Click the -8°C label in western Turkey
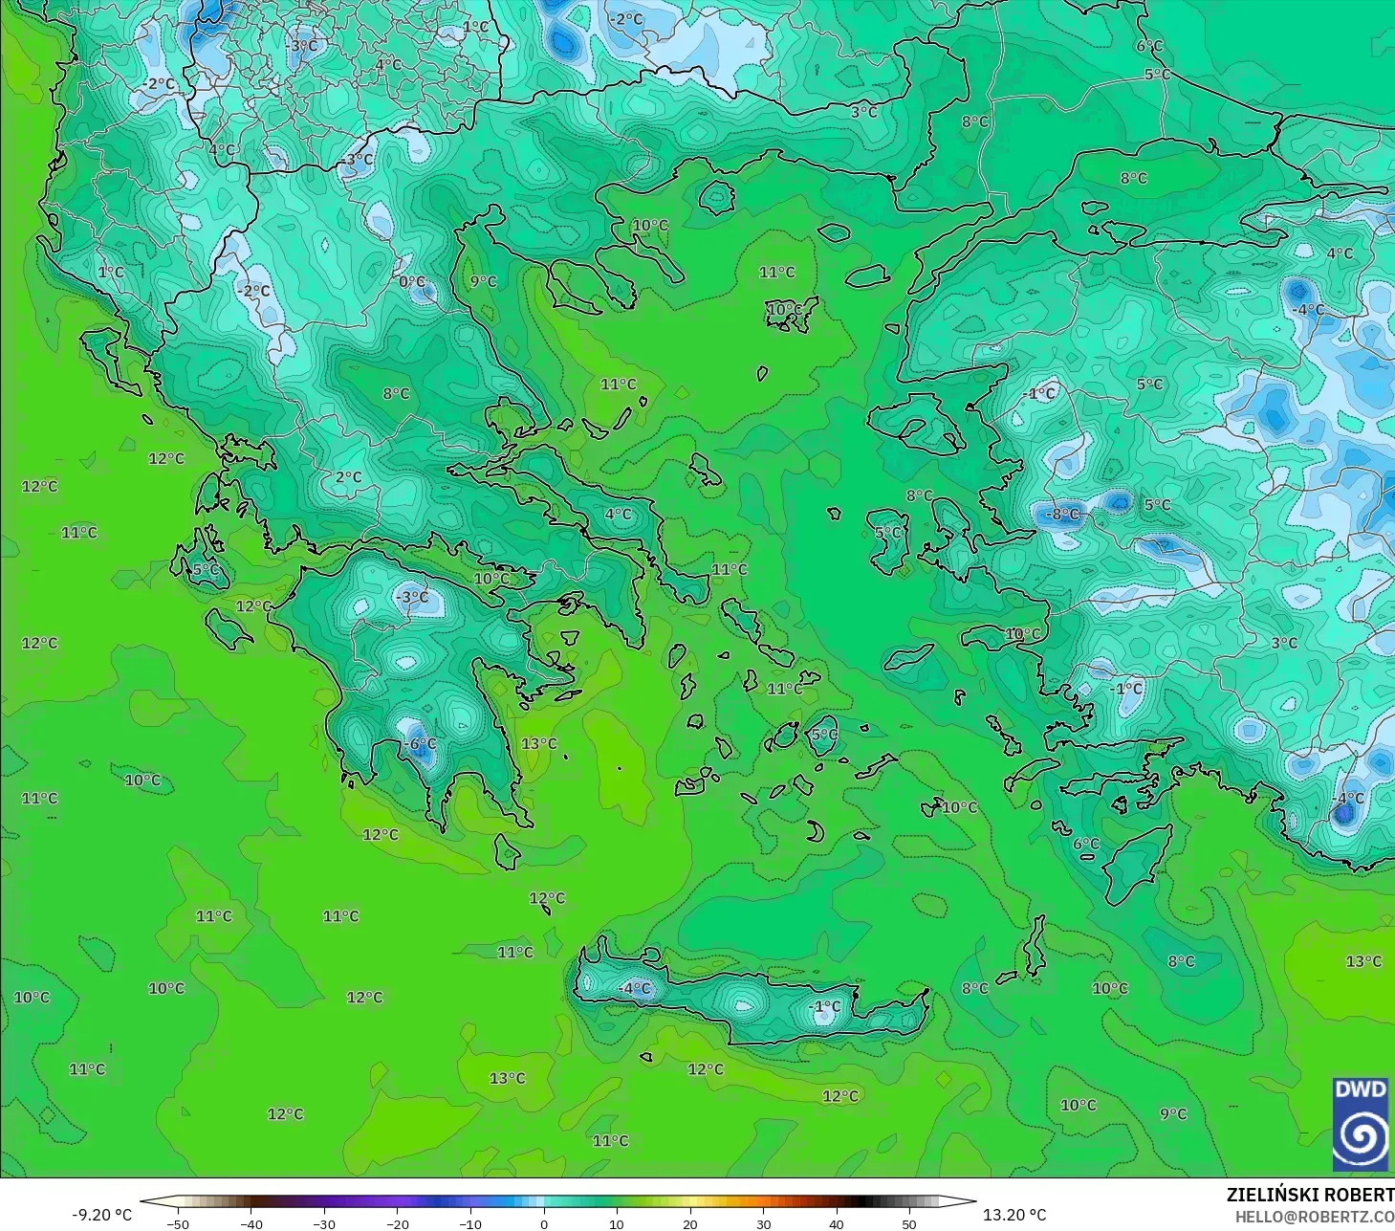click(x=1061, y=514)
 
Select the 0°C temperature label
click(x=412, y=281)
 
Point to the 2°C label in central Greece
click(x=348, y=477)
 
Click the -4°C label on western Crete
click(x=634, y=988)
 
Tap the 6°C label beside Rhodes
click(x=1085, y=844)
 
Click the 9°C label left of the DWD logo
click(x=1173, y=1114)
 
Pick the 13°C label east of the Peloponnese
click(x=538, y=743)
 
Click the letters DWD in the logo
click(x=1360, y=1089)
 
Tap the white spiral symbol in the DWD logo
click(x=1360, y=1137)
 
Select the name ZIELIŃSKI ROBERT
click(x=1310, y=1195)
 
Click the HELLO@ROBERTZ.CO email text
click(x=1314, y=1217)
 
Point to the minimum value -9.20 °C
click(x=102, y=1215)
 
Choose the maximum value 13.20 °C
click(x=1014, y=1215)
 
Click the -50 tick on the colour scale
click(x=178, y=1224)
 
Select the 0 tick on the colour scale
click(x=543, y=1224)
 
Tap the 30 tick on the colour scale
click(x=763, y=1224)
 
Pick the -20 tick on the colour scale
click(x=397, y=1224)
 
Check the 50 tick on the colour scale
click(x=909, y=1224)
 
